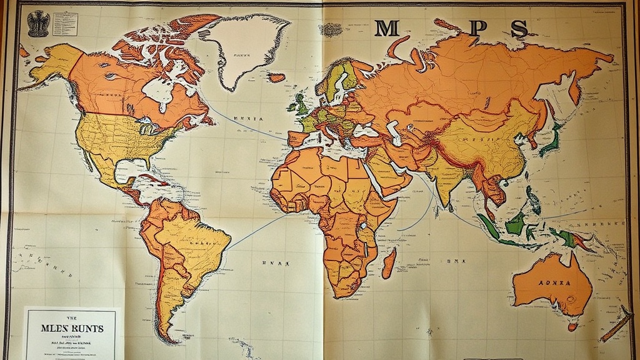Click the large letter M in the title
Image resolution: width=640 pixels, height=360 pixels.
click(387, 28)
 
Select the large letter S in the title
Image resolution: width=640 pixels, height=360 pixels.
click(518, 28)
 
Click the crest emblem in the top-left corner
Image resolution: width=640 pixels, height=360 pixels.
click(38, 22)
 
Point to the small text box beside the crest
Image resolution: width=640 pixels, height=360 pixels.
click(63, 23)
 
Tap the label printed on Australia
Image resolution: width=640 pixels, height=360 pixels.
click(554, 282)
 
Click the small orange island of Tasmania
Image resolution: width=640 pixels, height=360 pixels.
click(572, 326)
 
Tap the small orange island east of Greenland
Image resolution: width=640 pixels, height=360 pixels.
click(276, 77)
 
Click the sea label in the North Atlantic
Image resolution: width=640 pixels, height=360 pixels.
click(248, 118)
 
